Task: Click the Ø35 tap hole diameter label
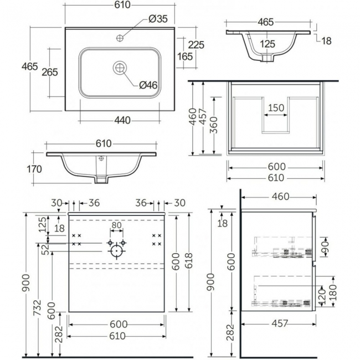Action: [x=158, y=19]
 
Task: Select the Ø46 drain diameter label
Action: [x=148, y=85]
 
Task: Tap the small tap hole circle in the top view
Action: [x=120, y=38]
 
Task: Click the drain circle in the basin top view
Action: [x=120, y=68]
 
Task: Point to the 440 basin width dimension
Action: [x=122, y=120]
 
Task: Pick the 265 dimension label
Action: [x=50, y=73]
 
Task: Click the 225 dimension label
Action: [x=196, y=45]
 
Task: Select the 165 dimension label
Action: [x=185, y=56]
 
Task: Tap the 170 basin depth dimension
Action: [x=34, y=169]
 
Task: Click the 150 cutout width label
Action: [x=276, y=108]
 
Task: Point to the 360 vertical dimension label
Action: [x=214, y=125]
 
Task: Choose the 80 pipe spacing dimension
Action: [x=116, y=225]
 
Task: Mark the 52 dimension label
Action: [x=47, y=250]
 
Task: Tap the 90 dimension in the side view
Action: [x=326, y=246]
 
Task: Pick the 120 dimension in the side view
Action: [x=322, y=295]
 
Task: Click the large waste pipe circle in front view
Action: [x=116, y=251]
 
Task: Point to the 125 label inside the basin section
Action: [x=268, y=44]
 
